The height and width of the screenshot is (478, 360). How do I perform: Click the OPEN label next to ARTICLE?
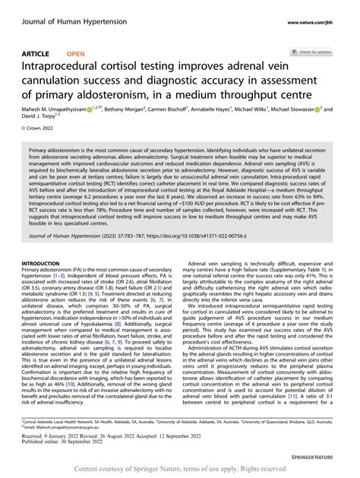(75, 54)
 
